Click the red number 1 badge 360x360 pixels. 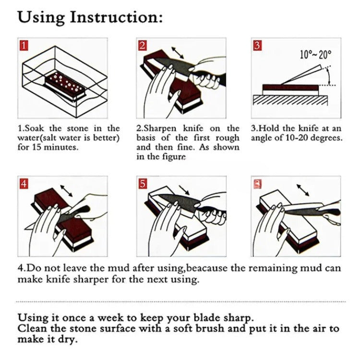[24, 46]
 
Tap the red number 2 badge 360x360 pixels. [143, 46]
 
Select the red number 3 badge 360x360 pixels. [257, 46]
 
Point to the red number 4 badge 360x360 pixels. [24, 184]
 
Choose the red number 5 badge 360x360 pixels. [143, 184]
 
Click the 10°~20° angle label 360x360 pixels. [316, 55]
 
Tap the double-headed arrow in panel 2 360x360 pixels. [178, 53]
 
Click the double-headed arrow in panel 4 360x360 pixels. [66, 191]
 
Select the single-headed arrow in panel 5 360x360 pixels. [184, 190]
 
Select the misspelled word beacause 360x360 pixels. [206, 268]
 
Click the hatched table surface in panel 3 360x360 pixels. [290, 100]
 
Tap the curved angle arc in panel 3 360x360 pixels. [328, 76]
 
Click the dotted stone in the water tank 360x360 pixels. [65, 84]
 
